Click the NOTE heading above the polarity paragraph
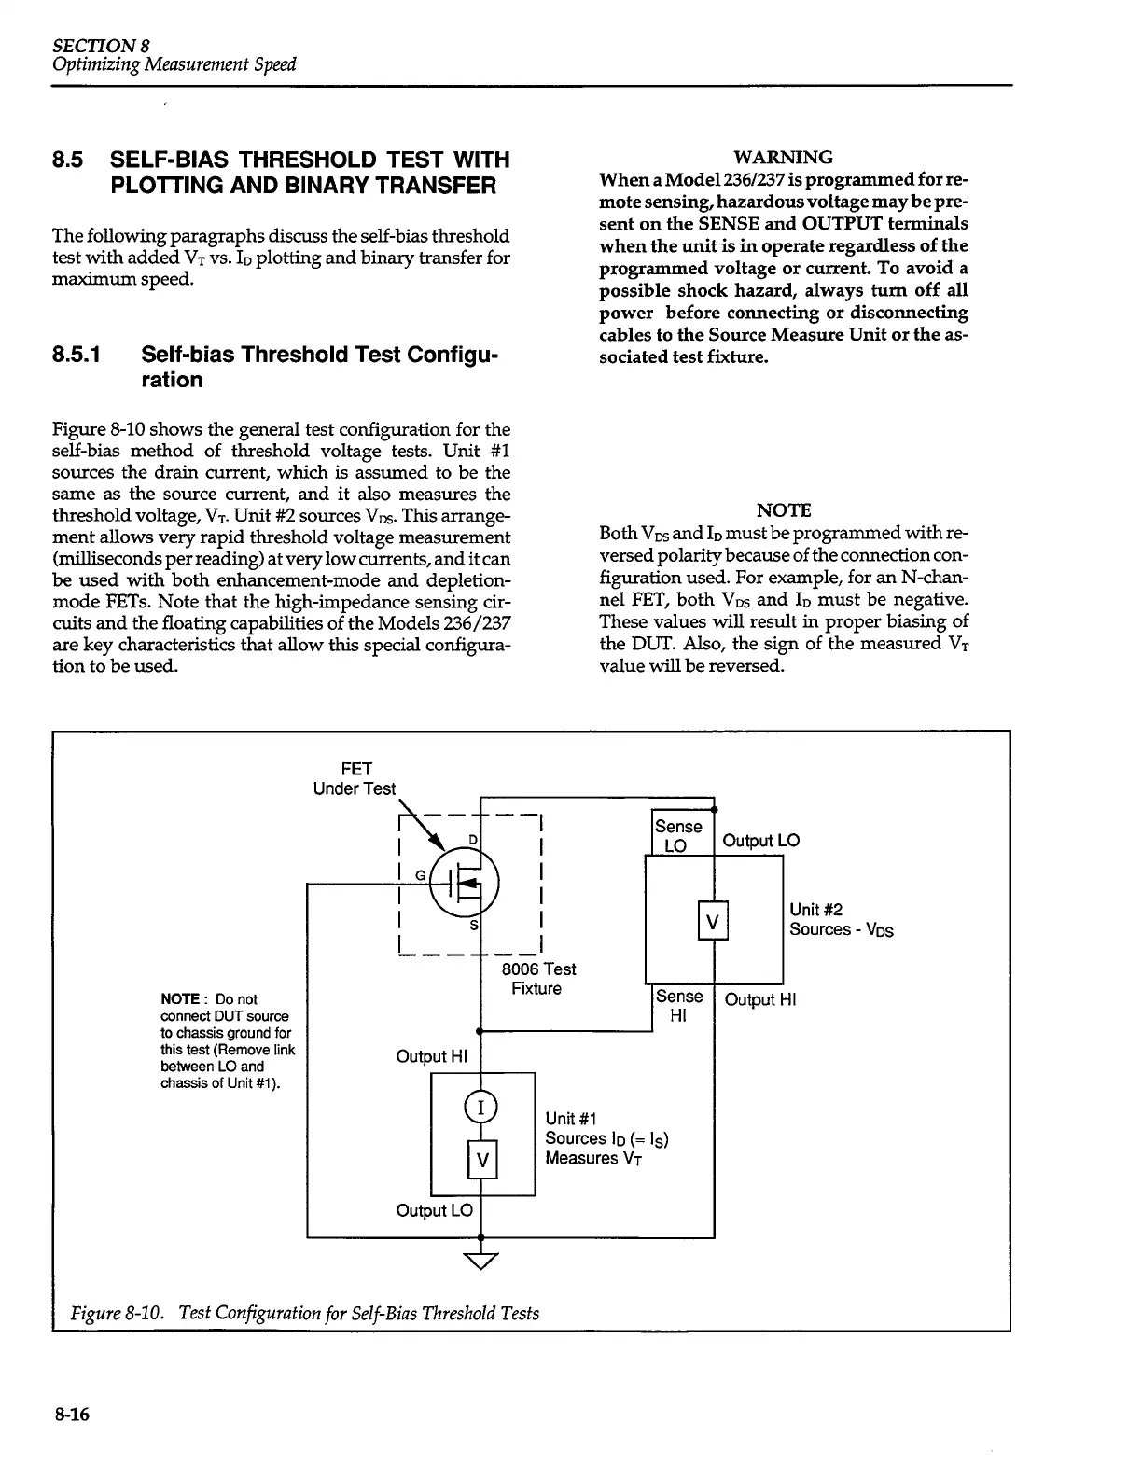pos(783,510)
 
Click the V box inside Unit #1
pos(481,1160)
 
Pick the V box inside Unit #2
pos(713,922)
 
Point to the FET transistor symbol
pos(465,881)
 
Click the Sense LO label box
pos(678,835)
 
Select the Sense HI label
pos(678,1006)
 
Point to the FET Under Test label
pos(355,778)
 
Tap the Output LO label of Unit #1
pos(434,1210)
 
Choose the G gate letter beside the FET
pos(419,875)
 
